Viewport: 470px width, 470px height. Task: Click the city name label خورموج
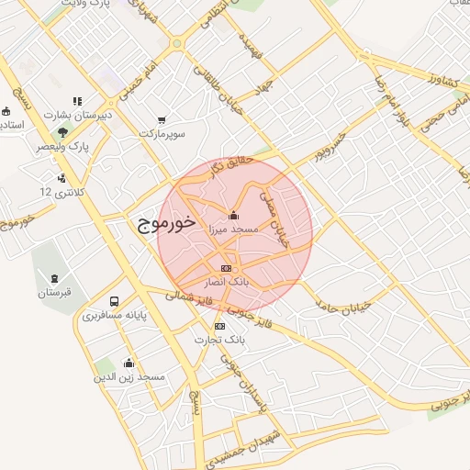(165, 222)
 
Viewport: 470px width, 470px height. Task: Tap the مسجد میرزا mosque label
(237, 228)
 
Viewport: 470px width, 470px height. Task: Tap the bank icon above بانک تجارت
(218, 327)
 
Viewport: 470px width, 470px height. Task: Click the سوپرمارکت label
(162, 133)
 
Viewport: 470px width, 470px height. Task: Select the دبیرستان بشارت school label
(80, 116)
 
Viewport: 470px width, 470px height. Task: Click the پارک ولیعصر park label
(62, 146)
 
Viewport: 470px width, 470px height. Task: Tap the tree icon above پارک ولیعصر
(62, 132)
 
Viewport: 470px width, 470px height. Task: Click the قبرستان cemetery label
(54, 292)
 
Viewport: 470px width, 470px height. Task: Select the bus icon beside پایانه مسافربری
(114, 302)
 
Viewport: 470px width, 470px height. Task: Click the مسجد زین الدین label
(129, 376)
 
